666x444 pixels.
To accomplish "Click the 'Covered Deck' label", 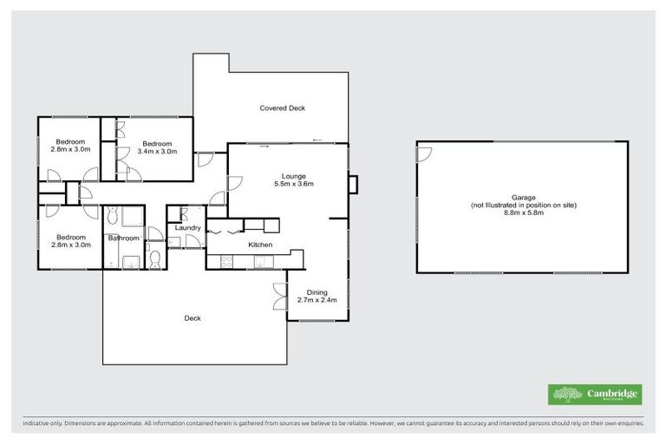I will coord(282,108).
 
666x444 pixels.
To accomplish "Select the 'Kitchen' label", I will coord(261,245).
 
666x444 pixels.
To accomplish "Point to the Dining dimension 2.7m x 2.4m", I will coord(317,300).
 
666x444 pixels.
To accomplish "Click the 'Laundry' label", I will coord(188,228).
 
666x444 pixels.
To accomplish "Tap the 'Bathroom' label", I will coord(123,237).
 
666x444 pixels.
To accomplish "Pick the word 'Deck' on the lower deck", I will coord(193,318).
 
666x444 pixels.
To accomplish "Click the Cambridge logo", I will coord(595,395).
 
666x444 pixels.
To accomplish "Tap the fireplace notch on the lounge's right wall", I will coord(352,185).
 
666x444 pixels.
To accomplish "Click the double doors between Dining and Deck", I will coord(280,300).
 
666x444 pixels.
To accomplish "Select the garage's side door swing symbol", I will coord(424,154).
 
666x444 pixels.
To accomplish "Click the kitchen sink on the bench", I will coord(259,258).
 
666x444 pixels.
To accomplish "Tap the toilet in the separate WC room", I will coord(154,259).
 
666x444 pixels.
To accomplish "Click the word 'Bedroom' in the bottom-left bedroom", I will coord(71,237).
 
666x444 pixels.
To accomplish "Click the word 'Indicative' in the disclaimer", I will coord(36,425).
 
